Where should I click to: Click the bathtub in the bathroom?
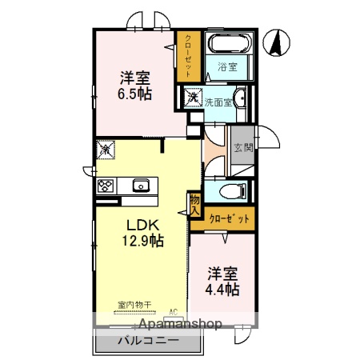point(229,43)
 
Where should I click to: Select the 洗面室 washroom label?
point(217,102)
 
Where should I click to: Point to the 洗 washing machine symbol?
point(193,98)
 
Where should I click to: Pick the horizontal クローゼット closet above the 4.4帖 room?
point(223,218)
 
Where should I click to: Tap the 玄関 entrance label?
point(242,148)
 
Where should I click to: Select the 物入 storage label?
point(194,205)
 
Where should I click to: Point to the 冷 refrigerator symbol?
point(105,149)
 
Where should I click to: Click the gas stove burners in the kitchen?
point(106,186)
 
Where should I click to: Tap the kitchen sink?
point(142,186)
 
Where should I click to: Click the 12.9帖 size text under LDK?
point(142,240)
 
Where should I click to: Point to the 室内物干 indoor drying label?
point(134,305)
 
